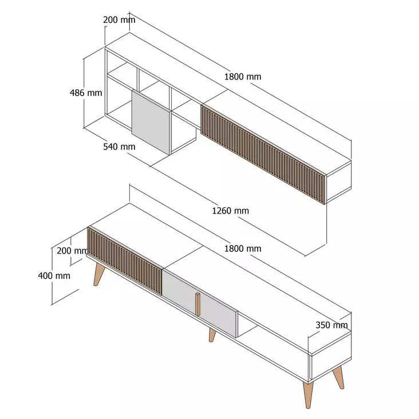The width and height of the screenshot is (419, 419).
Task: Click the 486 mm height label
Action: click(x=86, y=93)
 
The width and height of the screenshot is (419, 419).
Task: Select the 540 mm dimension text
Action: click(x=119, y=147)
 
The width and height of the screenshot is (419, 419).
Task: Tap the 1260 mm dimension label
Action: click(x=230, y=211)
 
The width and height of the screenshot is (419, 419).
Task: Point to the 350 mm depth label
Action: click(x=332, y=326)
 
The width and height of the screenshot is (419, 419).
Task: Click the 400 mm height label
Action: click(x=54, y=275)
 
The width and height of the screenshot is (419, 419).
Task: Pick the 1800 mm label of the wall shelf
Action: click(x=243, y=77)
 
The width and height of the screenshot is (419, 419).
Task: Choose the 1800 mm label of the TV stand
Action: click(x=243, y=248)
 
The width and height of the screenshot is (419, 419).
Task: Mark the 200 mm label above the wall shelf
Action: click(x=119, y=20)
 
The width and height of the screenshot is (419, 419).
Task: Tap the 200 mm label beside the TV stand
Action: click(x=72, y=250)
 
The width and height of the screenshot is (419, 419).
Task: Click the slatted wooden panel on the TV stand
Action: click(x=124, y=259)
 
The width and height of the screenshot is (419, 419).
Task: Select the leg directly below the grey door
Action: click(x=212, y=335)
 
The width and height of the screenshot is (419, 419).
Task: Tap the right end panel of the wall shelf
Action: click(x=338, y=179)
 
